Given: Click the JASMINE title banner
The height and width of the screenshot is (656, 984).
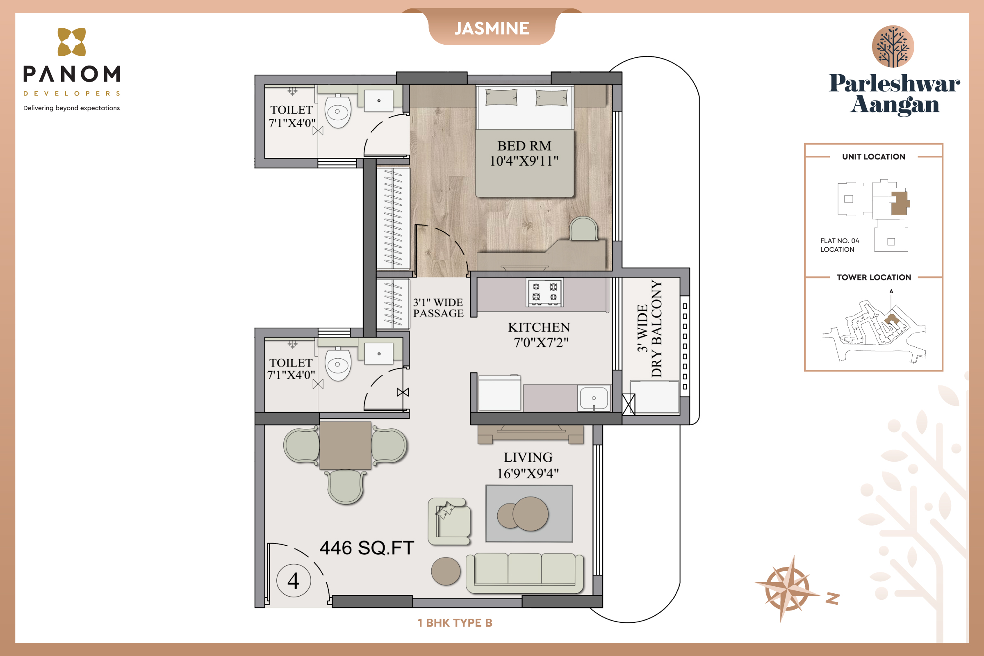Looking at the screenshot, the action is click(492, 28).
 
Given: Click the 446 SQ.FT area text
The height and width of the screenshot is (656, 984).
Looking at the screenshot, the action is click(367, 548).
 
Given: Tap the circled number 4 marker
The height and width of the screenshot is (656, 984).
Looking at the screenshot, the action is click(294, 580).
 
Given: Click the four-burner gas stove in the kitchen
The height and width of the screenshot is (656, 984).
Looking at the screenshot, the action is click(545, 292).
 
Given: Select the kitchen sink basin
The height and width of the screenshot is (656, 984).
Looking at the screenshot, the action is click(594, 398).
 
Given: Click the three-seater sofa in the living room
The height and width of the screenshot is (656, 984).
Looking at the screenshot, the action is click(525, 573).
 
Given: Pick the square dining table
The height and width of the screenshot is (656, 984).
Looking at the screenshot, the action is click(345, 446).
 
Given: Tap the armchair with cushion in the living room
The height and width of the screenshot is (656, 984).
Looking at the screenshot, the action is click(449, 521).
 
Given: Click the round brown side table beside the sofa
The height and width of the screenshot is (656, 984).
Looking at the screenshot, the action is click(446, 571).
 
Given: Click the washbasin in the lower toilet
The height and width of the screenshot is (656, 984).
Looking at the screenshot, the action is click(378, 354).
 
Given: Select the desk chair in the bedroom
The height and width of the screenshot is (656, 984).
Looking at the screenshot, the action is click(583, 228).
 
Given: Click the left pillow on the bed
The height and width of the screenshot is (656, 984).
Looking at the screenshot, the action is click(501, 97).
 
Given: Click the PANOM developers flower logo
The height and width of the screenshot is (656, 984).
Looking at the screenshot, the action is click(71, 42).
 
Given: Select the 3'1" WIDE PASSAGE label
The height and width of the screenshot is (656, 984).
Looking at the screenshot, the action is click(438, 308).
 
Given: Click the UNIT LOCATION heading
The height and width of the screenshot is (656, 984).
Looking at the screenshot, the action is click(874, 157).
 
